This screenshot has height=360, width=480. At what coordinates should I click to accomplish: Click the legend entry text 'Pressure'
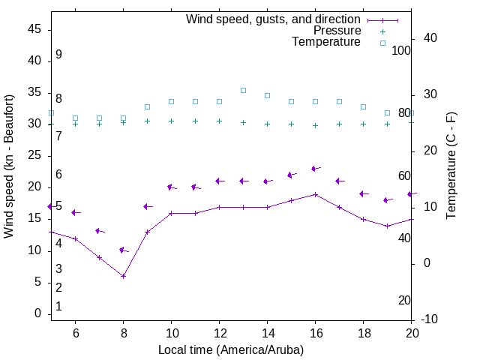[337, 31]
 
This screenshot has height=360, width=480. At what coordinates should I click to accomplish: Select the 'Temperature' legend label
[326, 42]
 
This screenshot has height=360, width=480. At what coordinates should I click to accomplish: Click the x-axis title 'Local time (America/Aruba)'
[231, 349]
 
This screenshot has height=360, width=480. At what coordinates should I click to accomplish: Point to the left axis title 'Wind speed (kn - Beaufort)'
[9, 166]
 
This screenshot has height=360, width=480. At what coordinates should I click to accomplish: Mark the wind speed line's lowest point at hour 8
[123, 276]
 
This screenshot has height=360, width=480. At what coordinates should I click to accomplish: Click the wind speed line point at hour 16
[316, 194]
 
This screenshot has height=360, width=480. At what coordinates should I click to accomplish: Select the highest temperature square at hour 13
[243, 90]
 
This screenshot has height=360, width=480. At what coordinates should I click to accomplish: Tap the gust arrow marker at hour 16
[316, 169]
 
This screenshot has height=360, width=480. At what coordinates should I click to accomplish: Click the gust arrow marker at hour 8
[123, 250]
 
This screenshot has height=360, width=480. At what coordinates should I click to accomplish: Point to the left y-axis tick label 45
[34, 29]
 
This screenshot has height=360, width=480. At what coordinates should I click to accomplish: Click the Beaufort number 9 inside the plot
[58, 55]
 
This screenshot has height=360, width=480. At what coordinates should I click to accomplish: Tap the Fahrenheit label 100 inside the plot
[402, 50]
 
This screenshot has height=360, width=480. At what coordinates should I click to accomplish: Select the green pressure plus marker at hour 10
[171, 121]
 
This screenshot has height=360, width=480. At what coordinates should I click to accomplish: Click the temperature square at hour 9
[147, 106]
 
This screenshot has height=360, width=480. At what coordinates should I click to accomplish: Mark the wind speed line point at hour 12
[219, 207]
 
